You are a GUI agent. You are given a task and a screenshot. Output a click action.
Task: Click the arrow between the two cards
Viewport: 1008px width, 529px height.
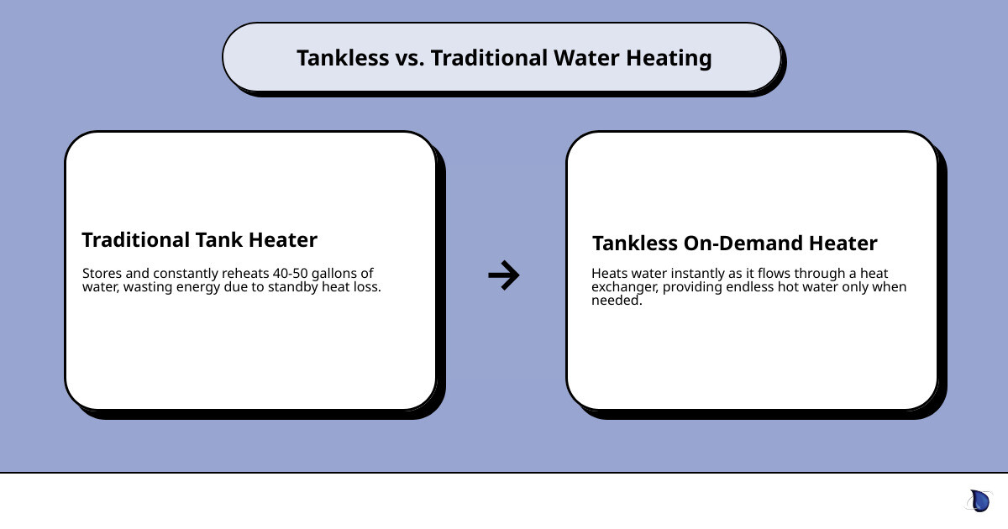[x=504, y=275]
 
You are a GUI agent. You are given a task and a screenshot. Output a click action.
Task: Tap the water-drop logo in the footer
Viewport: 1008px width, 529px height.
[x=979, y=501]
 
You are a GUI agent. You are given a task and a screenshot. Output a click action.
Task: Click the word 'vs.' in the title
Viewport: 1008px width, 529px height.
[x=407, y=58]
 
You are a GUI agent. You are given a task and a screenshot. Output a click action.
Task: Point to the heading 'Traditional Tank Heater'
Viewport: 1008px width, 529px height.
[x=199, y=240]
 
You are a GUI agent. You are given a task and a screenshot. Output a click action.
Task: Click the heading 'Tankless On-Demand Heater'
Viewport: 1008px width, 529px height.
[x=734, y=244]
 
